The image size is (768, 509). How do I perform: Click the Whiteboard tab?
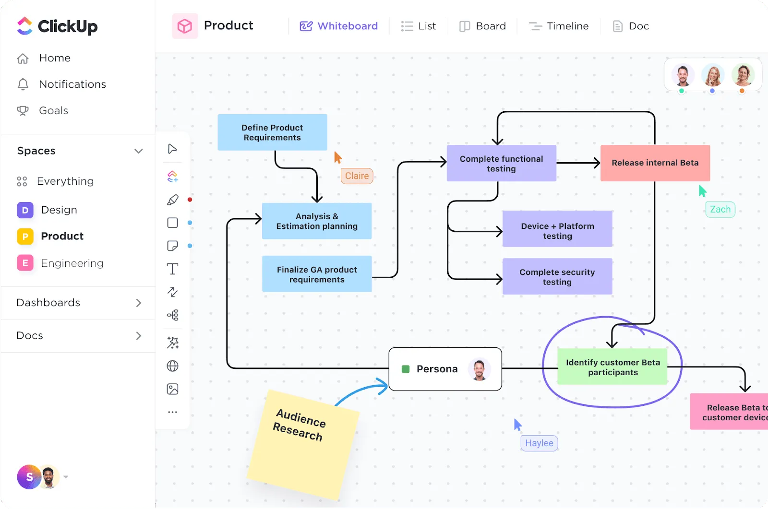pyautogui.click(x=339, y=26)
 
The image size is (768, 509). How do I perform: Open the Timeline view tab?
pyautogui.click(x=559, y=26)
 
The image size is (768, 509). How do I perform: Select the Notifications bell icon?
pyautogui.click(x=23, y=84)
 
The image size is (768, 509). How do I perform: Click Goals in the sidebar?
pyautogui.click(x=53, y=110)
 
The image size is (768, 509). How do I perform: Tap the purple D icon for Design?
pyautogui.click(x=25, y=210)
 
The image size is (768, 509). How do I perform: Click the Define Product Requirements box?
pyautogui.click(x=272, y=132)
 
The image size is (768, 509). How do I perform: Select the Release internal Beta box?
pyautogui.click(x=655, y=163)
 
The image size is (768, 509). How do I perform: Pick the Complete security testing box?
pyautogui.click(x=557, y=277)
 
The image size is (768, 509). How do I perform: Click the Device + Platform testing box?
pyautogui.click(x=557, y=229)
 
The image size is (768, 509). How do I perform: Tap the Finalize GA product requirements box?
pyautogui.click(x=317, y=274)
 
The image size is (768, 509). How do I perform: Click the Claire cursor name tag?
pyautogui.click(x=357, y=176)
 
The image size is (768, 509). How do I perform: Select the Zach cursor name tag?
pyautogui.click(x=720, y=210)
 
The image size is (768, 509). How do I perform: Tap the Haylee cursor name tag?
pyautogui.click(x=539, y=443)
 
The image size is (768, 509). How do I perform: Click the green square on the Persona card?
pyautogui.click(x=406, y=369)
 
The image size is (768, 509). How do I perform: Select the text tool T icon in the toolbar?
pyautogui.click(x=172, y=269)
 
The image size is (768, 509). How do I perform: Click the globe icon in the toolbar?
pyautogui.click(x=172, y=366)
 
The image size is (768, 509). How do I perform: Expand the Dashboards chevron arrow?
pyautogui.click(x=139, y=303)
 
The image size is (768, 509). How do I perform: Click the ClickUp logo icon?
pyautogui.click(x=24, y=26)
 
